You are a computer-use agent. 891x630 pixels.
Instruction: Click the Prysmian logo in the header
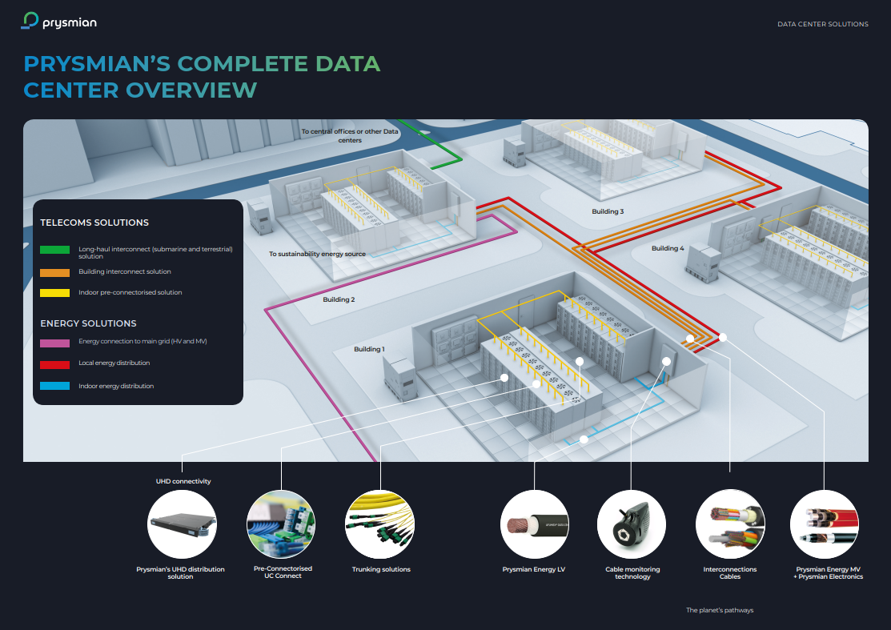59,21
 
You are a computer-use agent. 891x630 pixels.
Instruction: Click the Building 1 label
369,349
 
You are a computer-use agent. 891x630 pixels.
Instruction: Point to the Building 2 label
339,299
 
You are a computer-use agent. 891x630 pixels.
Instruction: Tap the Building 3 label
608,211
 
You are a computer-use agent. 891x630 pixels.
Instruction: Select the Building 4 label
667,248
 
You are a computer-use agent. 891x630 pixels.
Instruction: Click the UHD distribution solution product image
183,524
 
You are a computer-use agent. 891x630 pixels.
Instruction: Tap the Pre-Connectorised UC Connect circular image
281,524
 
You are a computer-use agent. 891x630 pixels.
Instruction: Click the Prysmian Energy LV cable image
534,524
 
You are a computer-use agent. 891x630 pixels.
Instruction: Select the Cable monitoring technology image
631,524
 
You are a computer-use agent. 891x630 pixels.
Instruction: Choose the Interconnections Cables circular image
729,524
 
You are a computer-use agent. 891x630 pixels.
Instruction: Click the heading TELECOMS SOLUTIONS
94,223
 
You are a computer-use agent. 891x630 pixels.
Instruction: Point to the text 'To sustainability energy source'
317,254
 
